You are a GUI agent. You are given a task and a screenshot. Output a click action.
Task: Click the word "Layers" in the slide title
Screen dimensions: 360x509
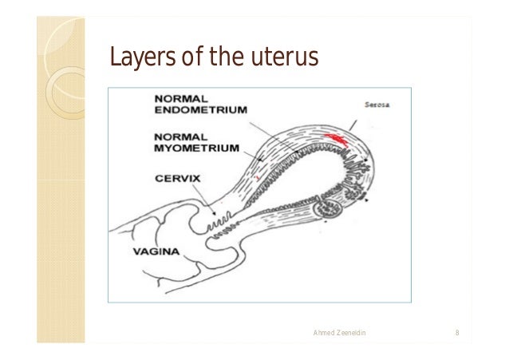pyautogui.click(x=132, y=57)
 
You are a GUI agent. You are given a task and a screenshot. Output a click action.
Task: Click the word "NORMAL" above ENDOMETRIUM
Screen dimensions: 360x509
pyautogui.click(x=176, y=98)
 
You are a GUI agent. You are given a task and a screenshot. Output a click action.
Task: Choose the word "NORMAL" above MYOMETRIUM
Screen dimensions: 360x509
pyautogui.click(x=176, y=136)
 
